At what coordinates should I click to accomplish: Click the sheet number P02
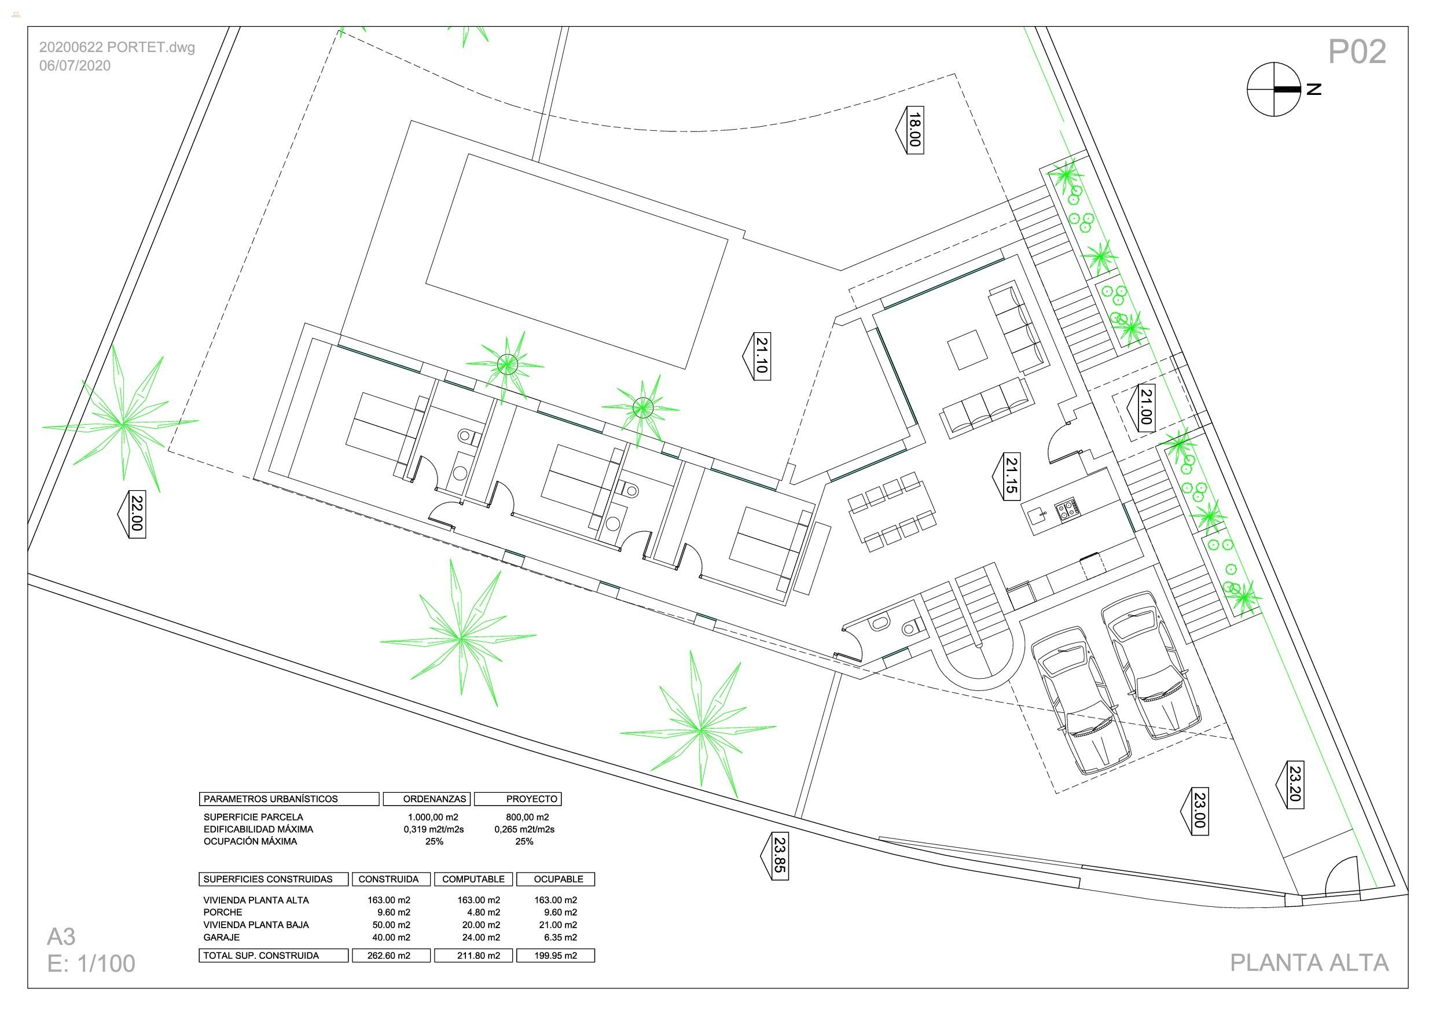click(1357, 52)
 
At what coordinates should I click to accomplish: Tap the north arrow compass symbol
click(1274, 90)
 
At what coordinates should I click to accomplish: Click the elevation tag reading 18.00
click(914, 130)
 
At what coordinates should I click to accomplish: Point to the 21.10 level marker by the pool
click(761, 356)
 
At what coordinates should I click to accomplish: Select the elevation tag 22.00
click(137, 513)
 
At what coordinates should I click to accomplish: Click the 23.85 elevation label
click(778, 855)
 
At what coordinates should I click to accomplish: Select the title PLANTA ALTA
click(1309, 962)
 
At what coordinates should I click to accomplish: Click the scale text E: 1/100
click(91, 963)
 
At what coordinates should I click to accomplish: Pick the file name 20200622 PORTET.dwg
click(117, 47)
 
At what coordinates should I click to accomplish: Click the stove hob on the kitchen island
click(1067, 509)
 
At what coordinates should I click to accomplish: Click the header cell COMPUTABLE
click(473, 878)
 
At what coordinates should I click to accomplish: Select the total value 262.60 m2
click(390, 955)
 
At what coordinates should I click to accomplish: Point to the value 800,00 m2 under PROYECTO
click(527, 817)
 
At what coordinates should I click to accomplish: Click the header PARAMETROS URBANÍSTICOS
click(271, 799)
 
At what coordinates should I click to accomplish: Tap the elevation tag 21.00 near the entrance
click(1146, 407)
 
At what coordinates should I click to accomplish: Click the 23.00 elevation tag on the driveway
click(1198, 811)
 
